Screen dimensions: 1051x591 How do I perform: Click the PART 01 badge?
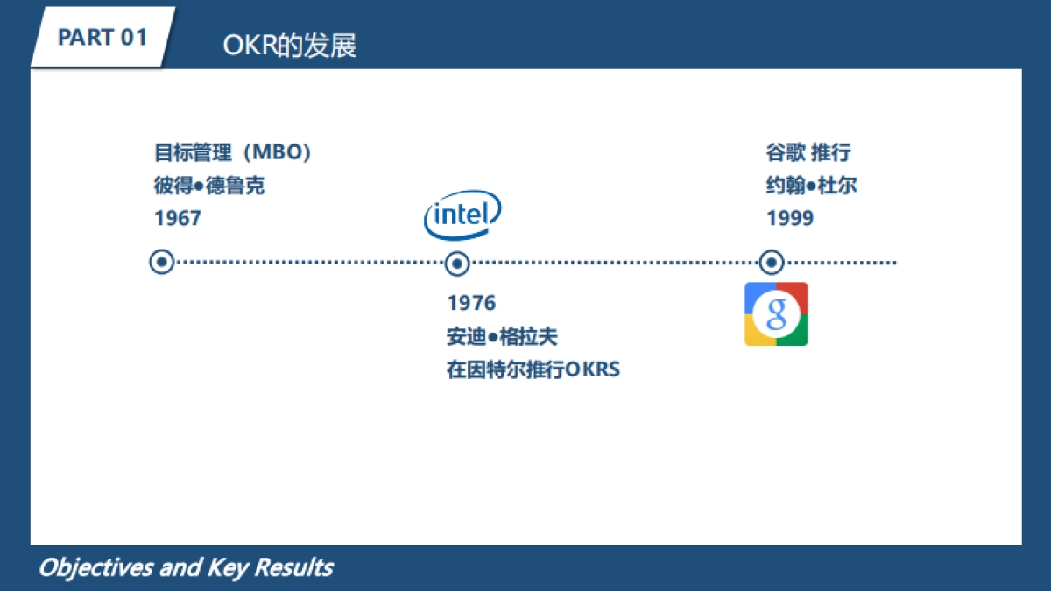tap(102, 38)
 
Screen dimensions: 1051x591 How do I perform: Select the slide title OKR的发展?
tap(290, 46)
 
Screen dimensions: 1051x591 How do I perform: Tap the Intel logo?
tap(462, 215)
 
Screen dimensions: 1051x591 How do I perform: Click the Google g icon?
tap(776, 313)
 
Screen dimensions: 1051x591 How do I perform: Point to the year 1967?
tap(178, 218)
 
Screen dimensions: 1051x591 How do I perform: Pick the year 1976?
tap(471, 303)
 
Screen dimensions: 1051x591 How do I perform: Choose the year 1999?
tap(790, 218)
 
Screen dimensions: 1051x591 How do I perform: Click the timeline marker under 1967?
tap(162, 262)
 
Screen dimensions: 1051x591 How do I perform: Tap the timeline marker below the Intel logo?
tap(456, 263)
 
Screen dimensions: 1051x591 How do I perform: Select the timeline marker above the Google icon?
tap(771, 262)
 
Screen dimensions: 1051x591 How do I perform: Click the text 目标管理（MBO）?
tap(233, 152)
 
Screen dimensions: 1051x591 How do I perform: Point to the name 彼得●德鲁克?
tap(209, 186)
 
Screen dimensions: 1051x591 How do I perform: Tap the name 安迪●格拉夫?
tap(502, 336)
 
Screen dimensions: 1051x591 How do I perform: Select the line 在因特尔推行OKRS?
tap(533, 369)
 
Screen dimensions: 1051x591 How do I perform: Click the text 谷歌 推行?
tap(808, 152)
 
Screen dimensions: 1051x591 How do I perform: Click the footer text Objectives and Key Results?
tap(185, 567)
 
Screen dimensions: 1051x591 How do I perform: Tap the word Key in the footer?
tap(228, 567)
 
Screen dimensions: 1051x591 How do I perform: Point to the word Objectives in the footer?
tap(95, 567)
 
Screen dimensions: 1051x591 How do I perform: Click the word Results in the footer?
tap(293, 567)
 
